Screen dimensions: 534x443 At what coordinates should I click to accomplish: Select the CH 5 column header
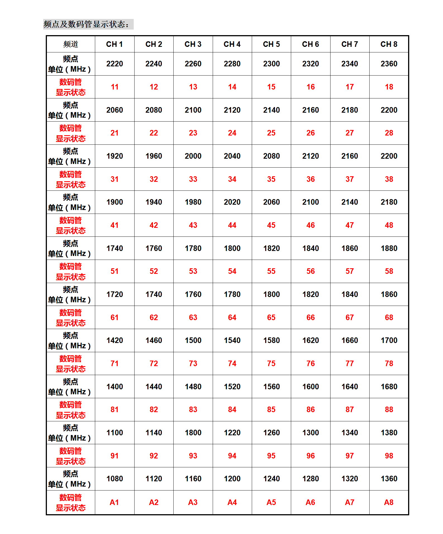[271, 44]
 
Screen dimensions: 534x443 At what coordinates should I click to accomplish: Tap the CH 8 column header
[389, 44]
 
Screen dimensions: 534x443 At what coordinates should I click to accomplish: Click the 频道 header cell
[71, 44]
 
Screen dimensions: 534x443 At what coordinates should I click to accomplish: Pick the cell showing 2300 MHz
[271, 64]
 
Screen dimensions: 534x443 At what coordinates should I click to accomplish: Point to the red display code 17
[349, 87]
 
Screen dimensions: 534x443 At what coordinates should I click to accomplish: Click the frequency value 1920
[114, 156]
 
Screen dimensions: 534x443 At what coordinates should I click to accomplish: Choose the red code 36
[310, 179]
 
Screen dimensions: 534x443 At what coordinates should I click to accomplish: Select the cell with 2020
[232, 202]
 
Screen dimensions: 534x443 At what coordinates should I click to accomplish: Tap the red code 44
[232, 225]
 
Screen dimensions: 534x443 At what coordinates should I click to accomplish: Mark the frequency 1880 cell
[389, 248]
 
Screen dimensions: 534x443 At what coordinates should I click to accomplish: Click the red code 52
[154, 271]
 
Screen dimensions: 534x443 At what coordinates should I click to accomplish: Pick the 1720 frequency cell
[114, 294]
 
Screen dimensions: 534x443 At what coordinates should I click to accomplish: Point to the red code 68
[389, 318]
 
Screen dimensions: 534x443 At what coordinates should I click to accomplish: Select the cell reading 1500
[193, 340]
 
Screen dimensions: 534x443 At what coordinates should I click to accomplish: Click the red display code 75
[271, 364]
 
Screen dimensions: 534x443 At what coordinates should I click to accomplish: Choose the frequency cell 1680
[389, 387]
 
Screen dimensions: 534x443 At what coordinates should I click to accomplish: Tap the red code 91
[114, 456]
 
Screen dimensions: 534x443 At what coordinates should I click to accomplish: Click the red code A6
[310, 502]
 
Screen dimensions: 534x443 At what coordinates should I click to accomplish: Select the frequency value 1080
[114, 479]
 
